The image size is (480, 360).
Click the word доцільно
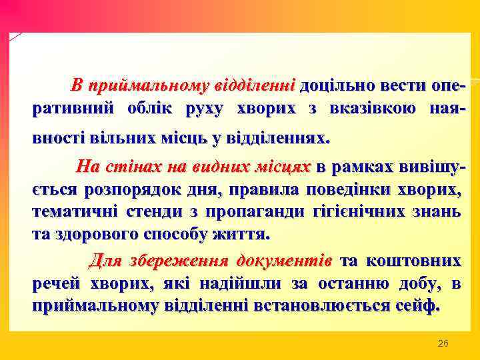330,86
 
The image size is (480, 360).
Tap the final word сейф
421,306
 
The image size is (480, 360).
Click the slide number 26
443,343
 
